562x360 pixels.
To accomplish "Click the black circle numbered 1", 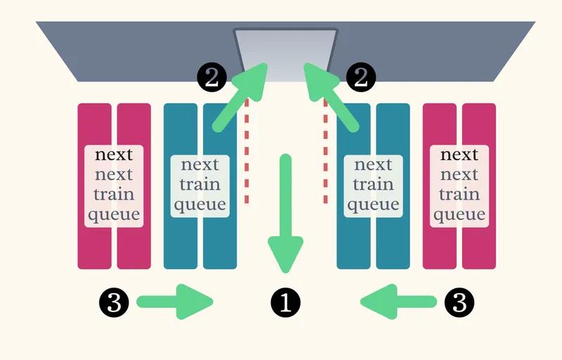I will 285,302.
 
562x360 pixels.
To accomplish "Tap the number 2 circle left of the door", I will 211,77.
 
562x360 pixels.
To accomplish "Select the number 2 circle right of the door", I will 360,77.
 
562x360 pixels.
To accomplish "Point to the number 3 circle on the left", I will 115,302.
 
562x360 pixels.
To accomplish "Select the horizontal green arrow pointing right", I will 176,302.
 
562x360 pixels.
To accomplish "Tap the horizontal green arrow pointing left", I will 397,302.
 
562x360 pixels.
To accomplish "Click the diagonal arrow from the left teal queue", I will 240,96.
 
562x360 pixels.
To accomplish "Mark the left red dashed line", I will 247,151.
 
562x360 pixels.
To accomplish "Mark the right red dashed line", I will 325,151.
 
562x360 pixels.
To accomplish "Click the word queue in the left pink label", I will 114,214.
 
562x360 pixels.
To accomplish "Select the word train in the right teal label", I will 373,185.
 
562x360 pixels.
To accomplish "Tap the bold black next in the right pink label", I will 459,155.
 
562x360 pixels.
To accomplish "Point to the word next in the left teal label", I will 200,165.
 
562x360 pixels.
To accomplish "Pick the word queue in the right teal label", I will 373,205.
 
